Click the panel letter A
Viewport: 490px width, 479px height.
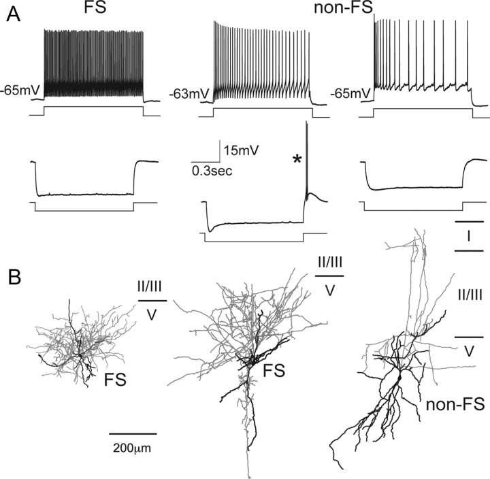[x=13, y=16]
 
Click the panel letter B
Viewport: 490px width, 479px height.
[x=14, y=276]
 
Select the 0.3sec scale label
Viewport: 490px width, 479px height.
[x=212, y=171]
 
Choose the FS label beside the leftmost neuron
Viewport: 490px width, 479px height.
[x=118, y=375]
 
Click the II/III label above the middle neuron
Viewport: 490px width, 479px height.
[x=329, y=263]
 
